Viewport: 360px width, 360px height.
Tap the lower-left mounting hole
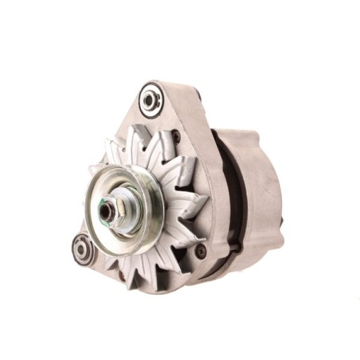82,249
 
